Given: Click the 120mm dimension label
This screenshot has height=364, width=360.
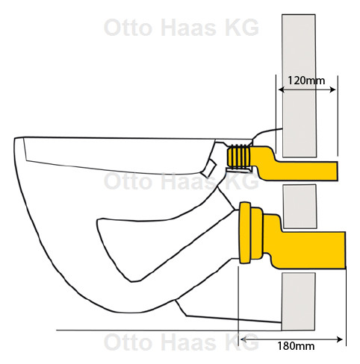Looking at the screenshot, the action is coord(306,81).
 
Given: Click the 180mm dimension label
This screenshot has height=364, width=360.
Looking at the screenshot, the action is coord(296,346).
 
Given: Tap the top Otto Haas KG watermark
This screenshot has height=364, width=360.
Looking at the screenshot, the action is coord(181,28).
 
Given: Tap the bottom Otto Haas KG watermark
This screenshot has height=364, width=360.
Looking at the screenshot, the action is coord(181,342).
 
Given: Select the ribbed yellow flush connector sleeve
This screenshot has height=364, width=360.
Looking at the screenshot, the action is coord(239,157).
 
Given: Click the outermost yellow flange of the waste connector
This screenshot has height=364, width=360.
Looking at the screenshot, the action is coord(245,233).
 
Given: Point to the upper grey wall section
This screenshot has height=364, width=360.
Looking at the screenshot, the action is coord(299,86).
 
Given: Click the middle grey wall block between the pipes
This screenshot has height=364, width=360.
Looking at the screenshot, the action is coord(300,207).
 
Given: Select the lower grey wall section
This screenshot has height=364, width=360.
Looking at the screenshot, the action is coord(299,301).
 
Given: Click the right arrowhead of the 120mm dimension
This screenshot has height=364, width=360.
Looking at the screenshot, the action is coord(333,90).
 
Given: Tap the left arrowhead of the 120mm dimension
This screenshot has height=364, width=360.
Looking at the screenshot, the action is coord(282,90).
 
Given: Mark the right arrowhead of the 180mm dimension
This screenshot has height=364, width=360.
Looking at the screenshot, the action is coord(340,339).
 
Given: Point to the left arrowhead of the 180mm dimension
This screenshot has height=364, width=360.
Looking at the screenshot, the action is coord(243,339).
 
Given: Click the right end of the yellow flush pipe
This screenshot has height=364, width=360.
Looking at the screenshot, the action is coord(338,171).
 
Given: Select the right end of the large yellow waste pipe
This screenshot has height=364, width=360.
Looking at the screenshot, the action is coord(345,250).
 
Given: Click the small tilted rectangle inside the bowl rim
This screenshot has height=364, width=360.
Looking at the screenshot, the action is coord(209,169).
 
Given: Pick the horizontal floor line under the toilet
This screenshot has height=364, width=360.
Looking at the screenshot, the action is coord(169,330).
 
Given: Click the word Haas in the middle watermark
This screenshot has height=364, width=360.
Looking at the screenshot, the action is coord(188,181).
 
